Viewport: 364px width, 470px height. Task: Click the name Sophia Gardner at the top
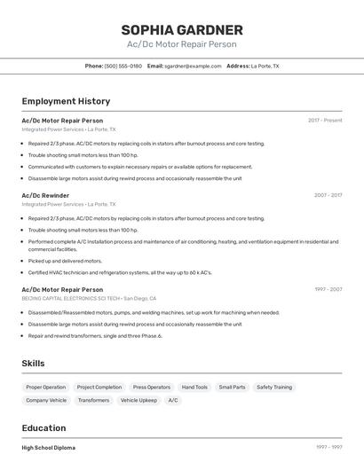tap(182, 30)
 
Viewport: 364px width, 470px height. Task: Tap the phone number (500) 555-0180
tap(123, 66)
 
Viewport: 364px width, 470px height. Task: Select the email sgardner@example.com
tap(192, 66)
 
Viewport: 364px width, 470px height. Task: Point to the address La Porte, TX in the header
tap(265, 66)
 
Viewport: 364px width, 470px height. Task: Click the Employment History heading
tap(66, 101)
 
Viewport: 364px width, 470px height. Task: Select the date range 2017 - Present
tap(325, 120)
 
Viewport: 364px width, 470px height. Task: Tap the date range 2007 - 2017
tap(328, 194)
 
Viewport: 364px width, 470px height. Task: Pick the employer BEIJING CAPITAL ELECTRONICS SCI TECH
tap(70, 299)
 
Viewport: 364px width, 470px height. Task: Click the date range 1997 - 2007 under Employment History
tap(328, 289)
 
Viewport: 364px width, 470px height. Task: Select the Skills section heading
tap(33, 364)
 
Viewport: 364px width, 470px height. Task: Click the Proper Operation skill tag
tap(45, 387)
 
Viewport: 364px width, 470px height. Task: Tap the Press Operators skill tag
tap(152, 387)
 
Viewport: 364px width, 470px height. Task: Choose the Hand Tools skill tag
tap(194, 387)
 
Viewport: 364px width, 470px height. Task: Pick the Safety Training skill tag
tap(273, 387)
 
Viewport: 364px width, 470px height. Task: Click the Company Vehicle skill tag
tap(45, 400)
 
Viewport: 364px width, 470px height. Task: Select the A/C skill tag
tap(173, 400)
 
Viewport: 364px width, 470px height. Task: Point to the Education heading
tap(44, 427)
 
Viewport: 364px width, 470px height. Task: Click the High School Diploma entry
tap(49, 448)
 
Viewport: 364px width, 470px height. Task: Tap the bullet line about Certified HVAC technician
tap(120, 272)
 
